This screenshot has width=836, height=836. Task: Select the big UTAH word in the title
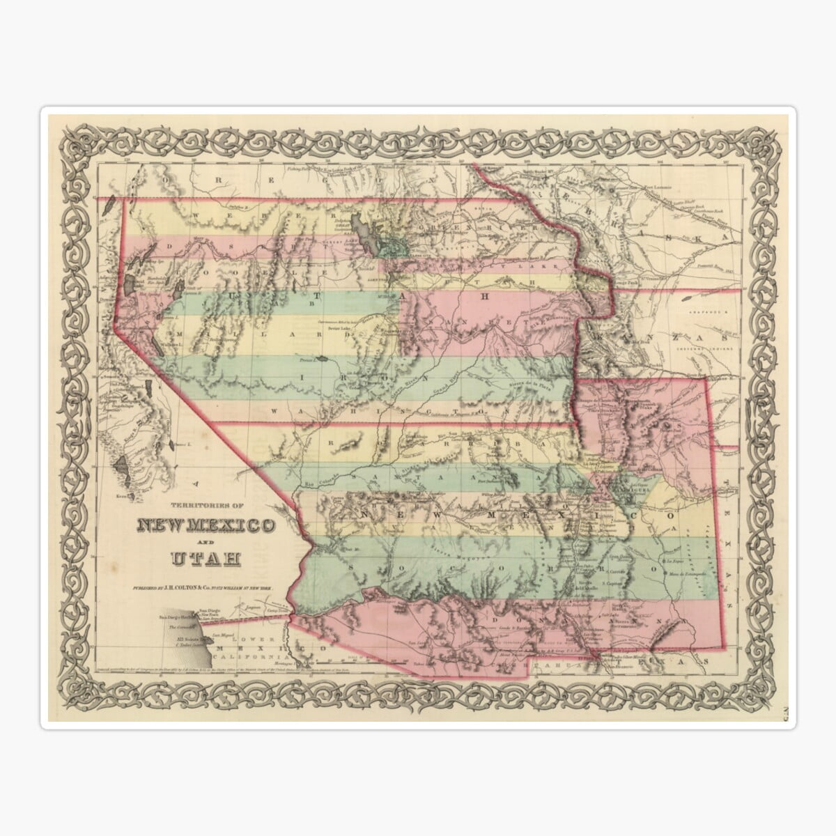point(205,559)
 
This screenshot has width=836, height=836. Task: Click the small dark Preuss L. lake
point(325,359)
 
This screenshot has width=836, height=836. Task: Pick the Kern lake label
point(124,496)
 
